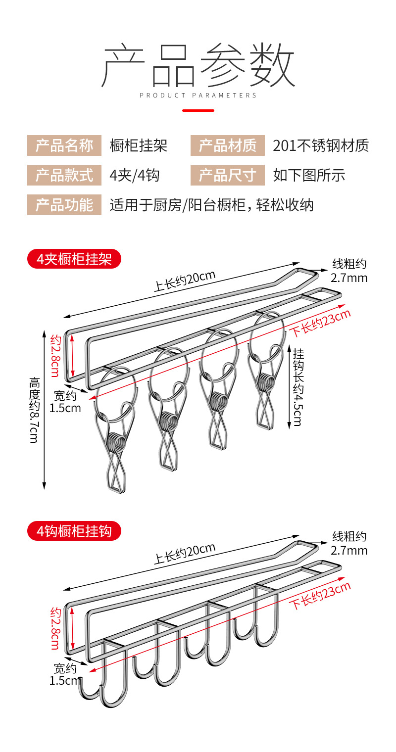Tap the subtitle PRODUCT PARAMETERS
[198, 95]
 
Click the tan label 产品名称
[64, 146]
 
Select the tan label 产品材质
[228, 146]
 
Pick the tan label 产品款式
[64, 175]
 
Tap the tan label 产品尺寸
[228, 175]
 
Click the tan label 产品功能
[64, 204]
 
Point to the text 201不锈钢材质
[321, 146]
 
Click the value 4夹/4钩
[135, 175]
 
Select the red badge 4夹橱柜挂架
[74, 259]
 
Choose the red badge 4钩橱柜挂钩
[74, 531]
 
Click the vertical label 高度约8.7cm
[34, 410]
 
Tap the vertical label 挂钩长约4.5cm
[298, 386]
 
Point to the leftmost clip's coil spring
[117, 442]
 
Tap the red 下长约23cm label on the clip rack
[320, 323]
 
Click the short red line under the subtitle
[198, 110]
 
